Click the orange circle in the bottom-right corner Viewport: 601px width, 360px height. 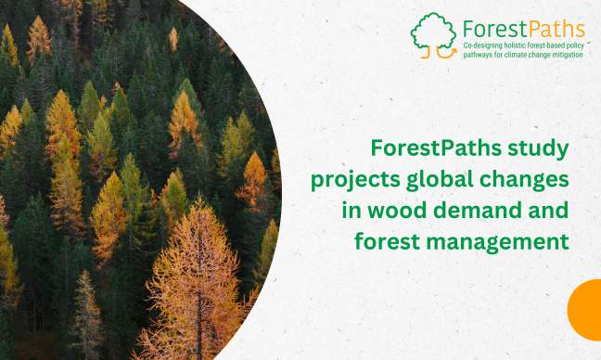586,311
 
